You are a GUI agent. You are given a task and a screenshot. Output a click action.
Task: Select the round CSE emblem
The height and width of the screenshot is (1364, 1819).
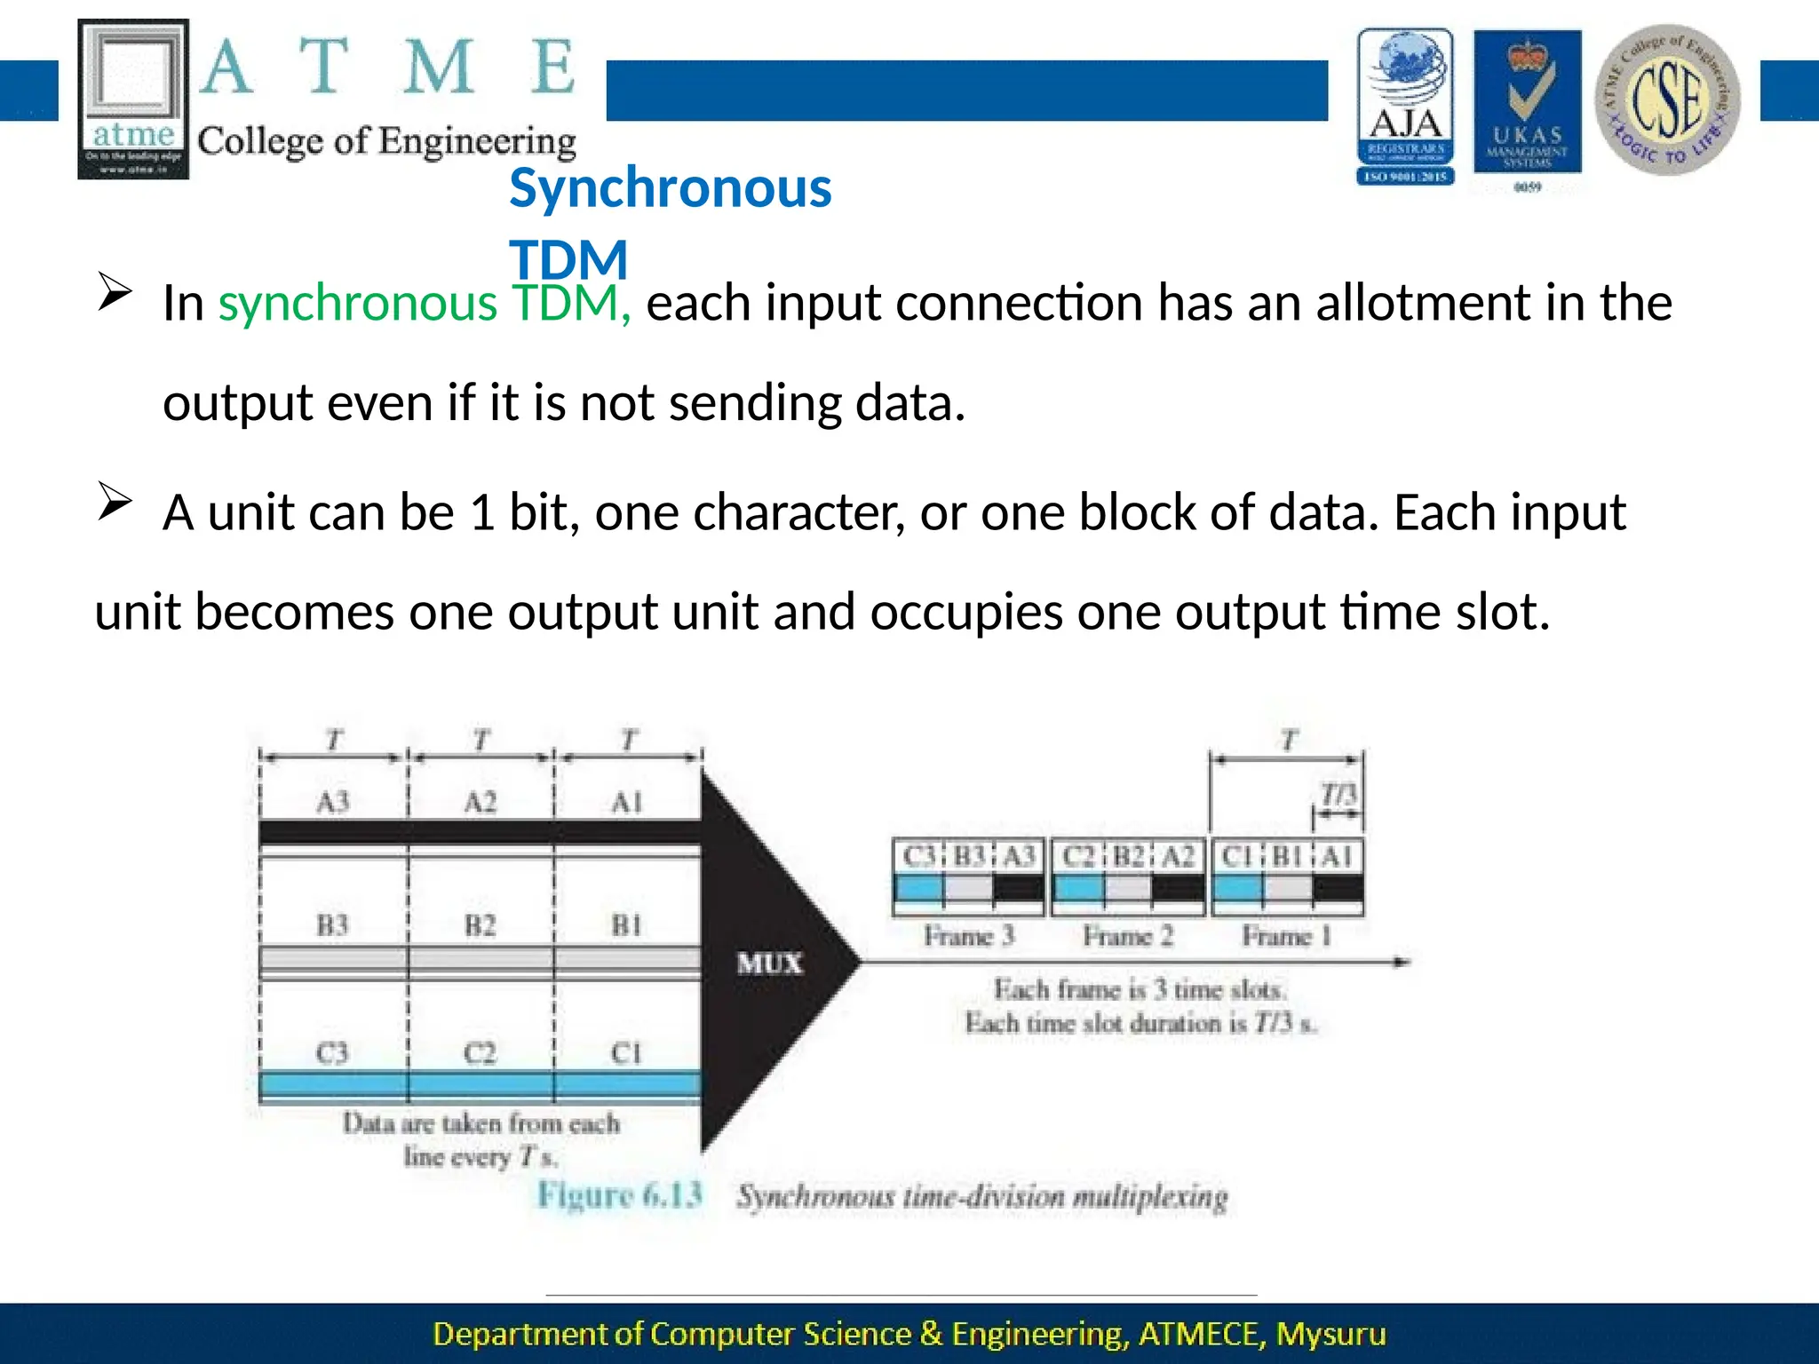[x=1667, y=99]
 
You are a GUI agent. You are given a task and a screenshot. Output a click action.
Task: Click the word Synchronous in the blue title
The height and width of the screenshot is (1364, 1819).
[x=670, y=188]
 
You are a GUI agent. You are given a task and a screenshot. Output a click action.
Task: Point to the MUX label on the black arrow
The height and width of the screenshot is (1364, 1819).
[x=769, y=964]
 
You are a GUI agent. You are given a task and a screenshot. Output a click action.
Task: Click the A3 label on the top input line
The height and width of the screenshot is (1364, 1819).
[x=333, y=802]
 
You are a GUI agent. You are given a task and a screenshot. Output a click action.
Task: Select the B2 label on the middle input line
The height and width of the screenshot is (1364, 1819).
[x=480, y=925]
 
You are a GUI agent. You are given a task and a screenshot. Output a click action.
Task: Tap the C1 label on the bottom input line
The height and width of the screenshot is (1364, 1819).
[x=626, y=1053]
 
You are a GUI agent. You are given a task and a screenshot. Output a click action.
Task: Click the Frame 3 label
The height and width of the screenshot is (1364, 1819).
[x=968, y=936]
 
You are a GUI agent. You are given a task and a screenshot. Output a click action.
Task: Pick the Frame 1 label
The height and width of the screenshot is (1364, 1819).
[x=1285, y=936]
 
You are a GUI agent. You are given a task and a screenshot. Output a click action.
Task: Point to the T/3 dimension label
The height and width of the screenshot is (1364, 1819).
[x=1338, y=793]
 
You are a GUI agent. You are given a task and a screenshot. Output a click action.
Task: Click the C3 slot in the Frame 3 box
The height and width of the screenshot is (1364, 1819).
[x=917, y=856]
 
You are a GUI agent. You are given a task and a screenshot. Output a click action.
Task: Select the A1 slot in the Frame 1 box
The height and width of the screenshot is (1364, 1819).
[x=1338, y=856]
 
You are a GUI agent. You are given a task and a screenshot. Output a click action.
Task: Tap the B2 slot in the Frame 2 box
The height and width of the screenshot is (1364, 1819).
[x=1128, y=856]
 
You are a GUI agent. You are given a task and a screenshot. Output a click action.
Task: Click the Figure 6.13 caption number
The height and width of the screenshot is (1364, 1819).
[x=620, y=1195]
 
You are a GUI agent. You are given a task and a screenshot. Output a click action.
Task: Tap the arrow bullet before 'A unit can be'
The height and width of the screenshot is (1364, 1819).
[x=115, y=502]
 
